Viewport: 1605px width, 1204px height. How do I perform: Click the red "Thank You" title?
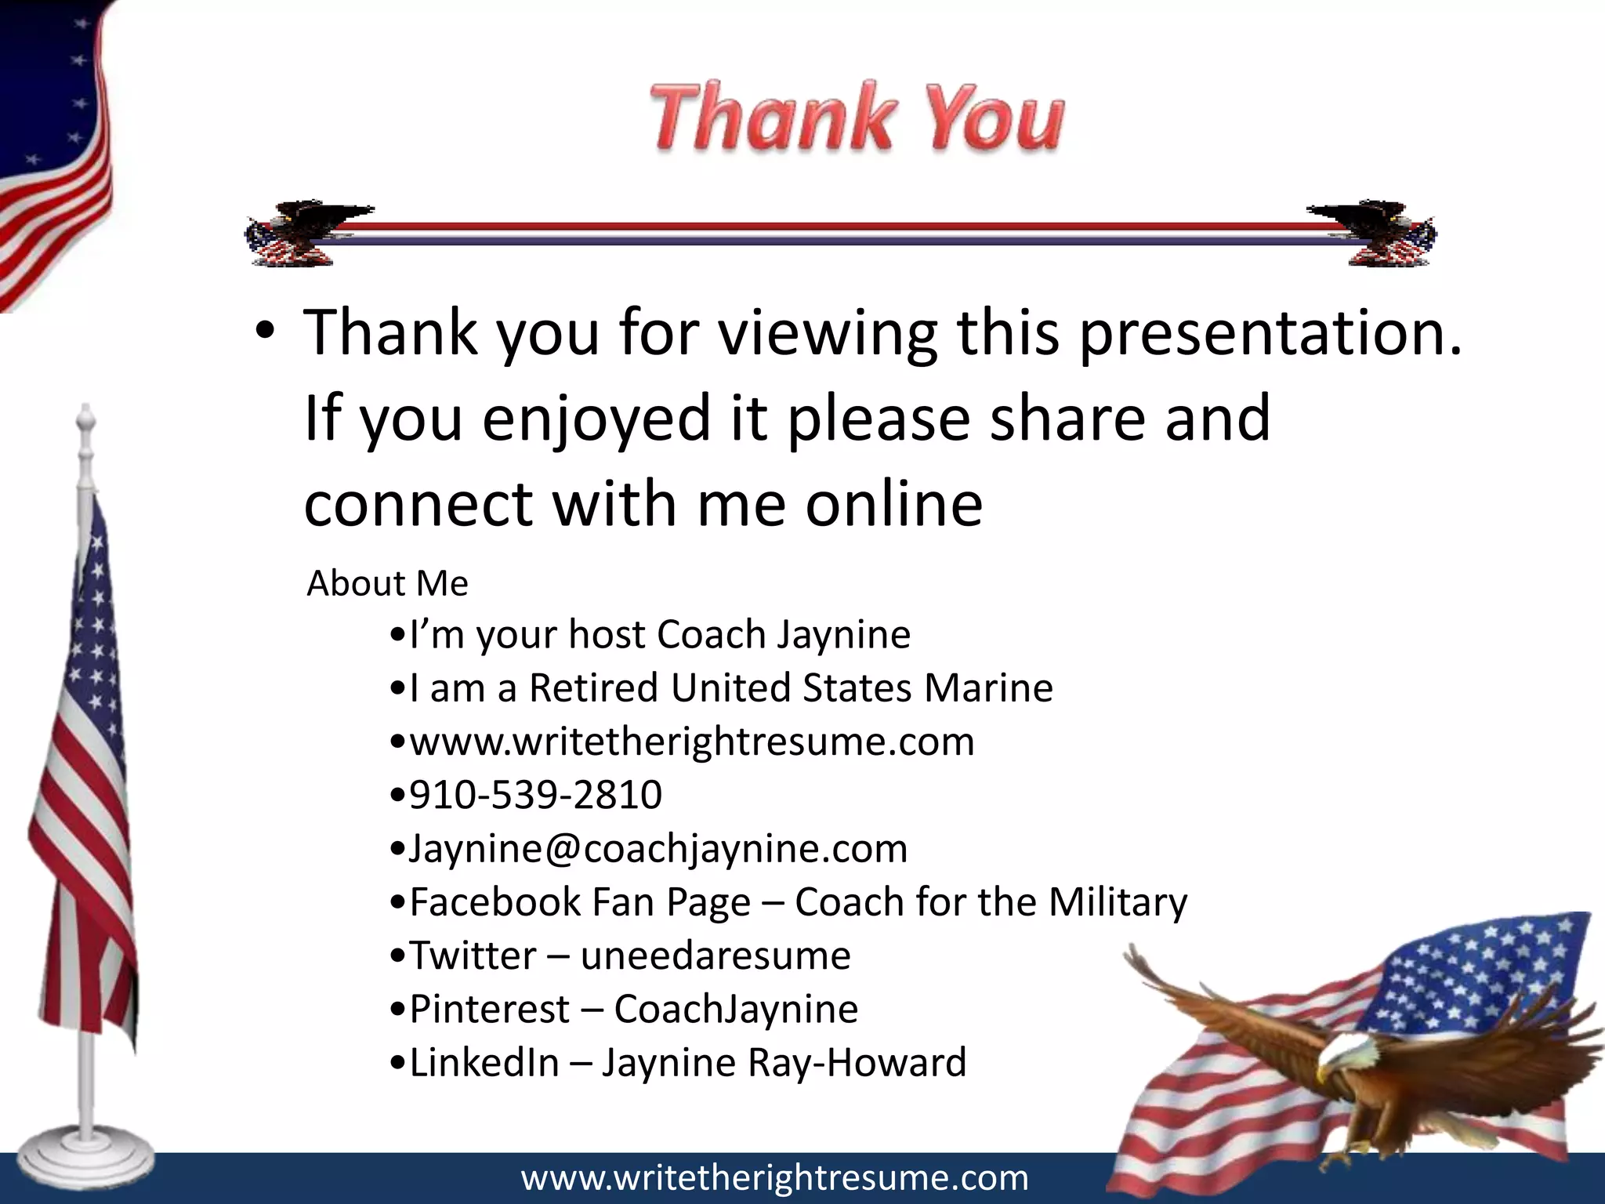click(x=856, y=118)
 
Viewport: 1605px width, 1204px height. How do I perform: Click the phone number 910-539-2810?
click(x=535, y=795)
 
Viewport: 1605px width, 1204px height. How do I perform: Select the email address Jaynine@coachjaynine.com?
click(x=658, y=848)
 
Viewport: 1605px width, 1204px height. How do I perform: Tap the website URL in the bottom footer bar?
click(x=774, y=1178)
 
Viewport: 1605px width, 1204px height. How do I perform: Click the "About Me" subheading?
click(x=387, y=583)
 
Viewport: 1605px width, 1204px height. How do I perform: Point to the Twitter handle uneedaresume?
click(x=715, y=956)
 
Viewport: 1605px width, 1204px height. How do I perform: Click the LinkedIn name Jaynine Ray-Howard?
click(x=784, y=1063)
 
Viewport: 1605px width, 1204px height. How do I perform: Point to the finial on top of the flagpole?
click(x=85, y=419)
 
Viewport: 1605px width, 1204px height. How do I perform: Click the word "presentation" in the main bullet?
click(x=1270, y=333)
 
